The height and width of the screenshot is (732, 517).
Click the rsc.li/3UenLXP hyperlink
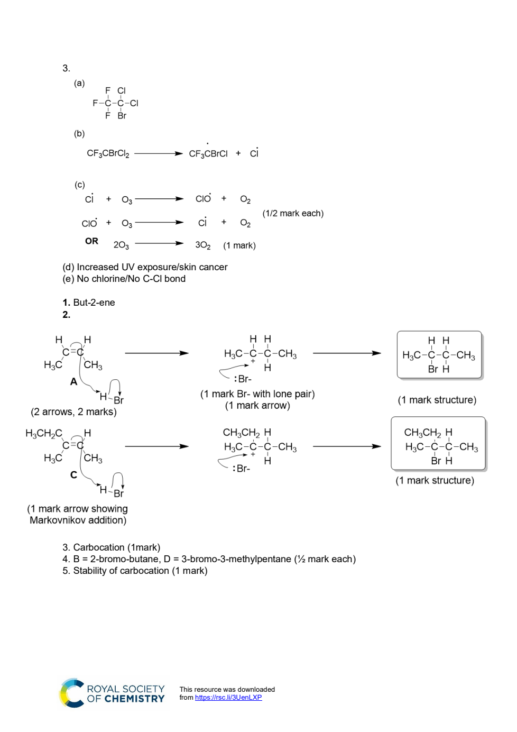228,697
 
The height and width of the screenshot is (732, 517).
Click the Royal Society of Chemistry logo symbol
72,693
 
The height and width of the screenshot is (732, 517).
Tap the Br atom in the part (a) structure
122,116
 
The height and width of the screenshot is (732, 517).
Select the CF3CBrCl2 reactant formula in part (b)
108,153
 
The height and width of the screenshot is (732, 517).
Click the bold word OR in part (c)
91,241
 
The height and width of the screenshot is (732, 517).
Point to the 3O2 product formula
203,245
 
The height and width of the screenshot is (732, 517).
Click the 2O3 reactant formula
121,245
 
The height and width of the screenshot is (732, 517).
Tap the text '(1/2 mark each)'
293,213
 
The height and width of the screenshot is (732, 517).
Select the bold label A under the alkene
74,381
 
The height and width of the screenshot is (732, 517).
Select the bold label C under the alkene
74,474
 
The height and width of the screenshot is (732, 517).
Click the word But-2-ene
94,303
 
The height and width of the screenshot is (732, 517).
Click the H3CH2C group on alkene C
44,434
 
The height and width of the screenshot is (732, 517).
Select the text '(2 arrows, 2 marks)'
74,411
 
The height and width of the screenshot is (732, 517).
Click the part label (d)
68,267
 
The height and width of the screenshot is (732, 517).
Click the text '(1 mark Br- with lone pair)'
257,394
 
